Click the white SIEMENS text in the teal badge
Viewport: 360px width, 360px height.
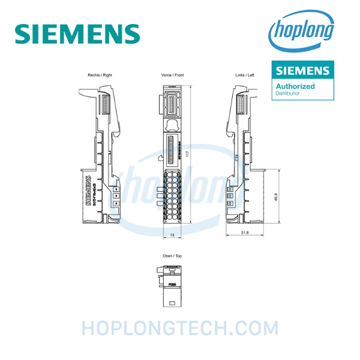[x=302, y=71]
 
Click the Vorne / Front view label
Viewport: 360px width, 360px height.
[x=172, y=76]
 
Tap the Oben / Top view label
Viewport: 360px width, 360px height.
[x=172, y=256]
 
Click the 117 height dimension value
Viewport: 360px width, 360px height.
[x=188, y=154]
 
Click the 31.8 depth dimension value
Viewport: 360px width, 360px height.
[x=244, y=232]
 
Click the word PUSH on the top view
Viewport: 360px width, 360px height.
[x=172, y=286]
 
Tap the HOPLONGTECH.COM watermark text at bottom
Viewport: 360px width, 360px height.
[x=180, y=328]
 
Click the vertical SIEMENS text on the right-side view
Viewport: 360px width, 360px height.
[x=90, y=191]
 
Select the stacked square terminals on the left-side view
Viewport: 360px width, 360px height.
[x=230, y=195]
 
